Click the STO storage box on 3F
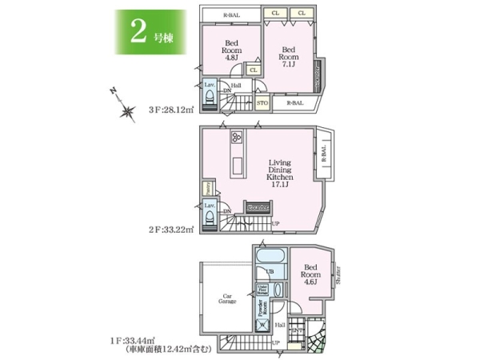point(262,102)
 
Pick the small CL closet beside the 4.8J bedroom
point(253,70)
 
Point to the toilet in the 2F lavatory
point(210,219)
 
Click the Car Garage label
point(225,298)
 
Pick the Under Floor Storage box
point(262,290)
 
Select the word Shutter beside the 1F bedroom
point(338,274)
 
